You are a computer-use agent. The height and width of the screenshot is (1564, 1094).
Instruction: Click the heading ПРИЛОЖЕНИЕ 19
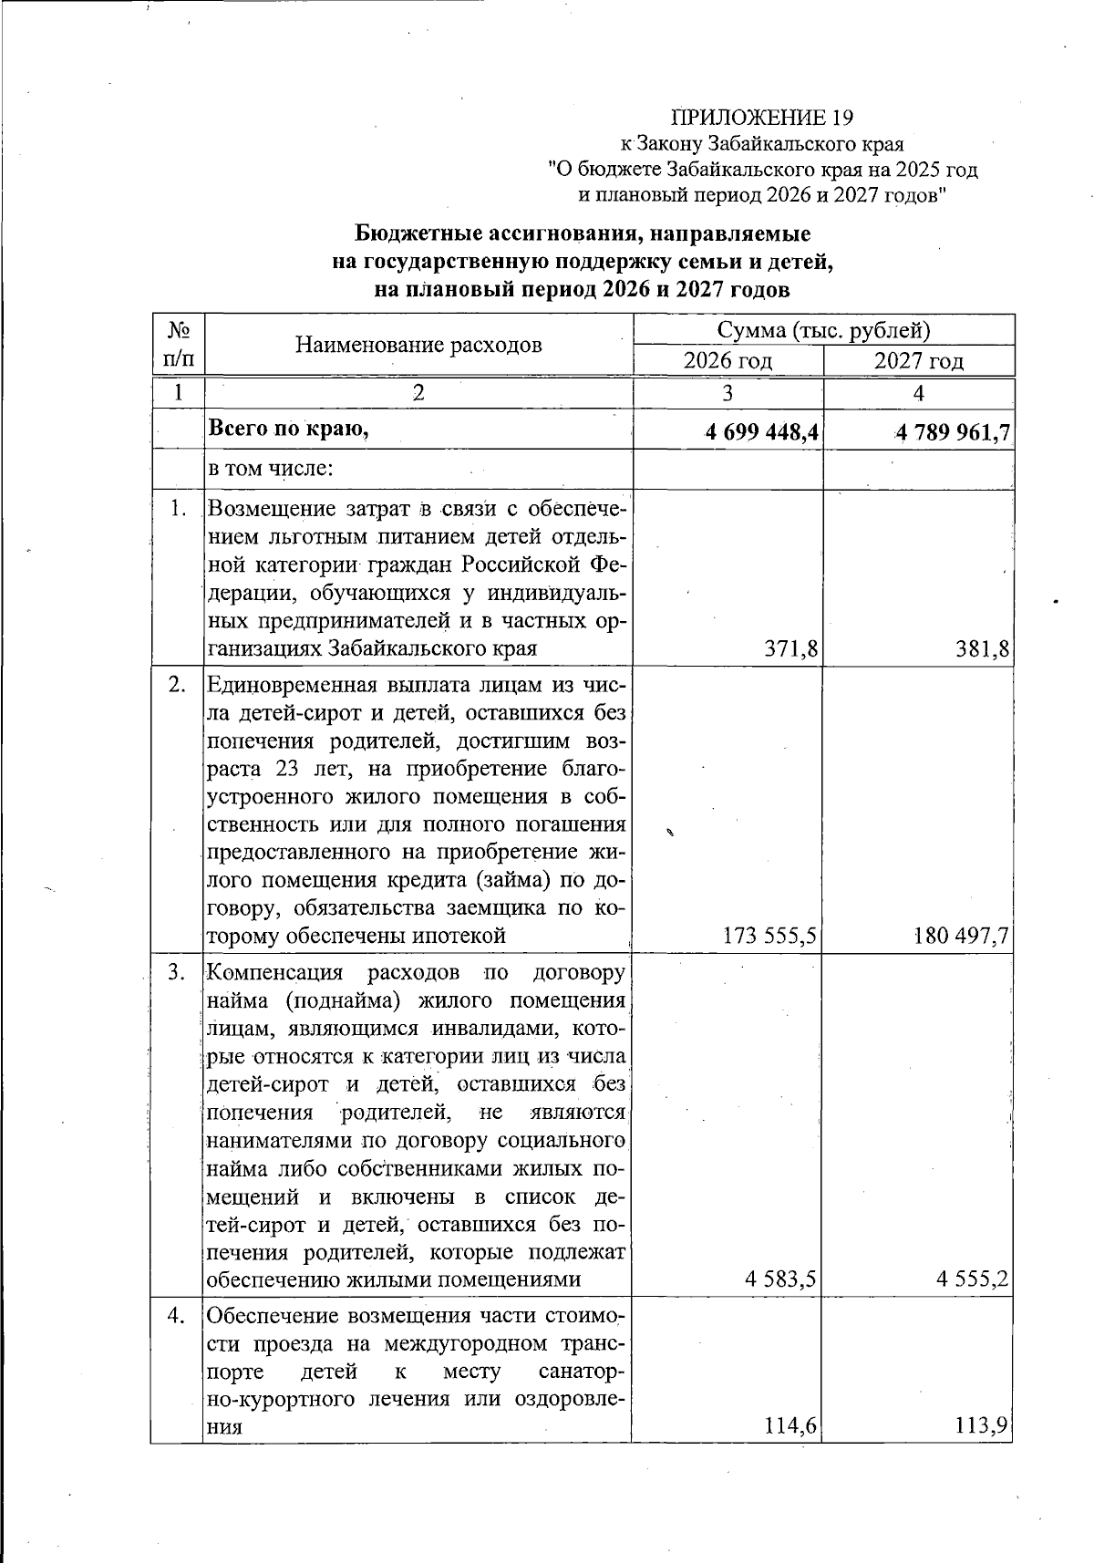761,117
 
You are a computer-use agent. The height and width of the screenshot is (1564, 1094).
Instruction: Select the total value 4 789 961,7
953,431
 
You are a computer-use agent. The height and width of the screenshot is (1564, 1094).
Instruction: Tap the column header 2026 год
728,361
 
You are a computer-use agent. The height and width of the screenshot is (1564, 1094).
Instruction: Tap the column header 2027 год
918,361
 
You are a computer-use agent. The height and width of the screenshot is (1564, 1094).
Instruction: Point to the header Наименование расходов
418,345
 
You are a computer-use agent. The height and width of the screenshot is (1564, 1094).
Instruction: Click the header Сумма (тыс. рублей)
823,330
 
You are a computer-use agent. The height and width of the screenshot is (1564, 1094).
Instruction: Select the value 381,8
984,648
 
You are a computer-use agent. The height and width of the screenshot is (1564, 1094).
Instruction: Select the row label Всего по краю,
289,429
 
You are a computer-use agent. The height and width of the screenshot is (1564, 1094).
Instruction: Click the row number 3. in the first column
178,972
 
